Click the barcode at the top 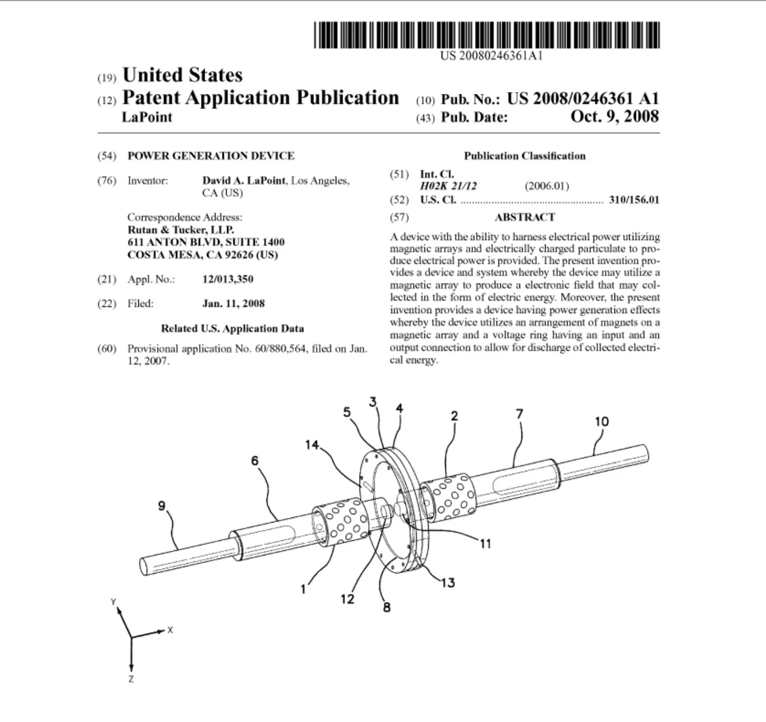(487, 35)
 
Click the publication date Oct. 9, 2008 (615, 116)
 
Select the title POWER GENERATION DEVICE (211, 156)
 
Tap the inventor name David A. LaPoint (244, 181)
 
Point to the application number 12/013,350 (228, 279)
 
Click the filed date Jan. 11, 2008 (233, 303)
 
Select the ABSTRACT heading (524, 217)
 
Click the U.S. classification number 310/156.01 (634, 200)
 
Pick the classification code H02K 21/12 (449, 186)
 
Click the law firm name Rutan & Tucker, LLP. (181, 230)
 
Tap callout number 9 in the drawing (162, 505)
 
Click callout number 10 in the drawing (602, 421)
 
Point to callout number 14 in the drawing (312, 445)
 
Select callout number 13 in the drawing (448, 582)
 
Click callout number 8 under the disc (386, 607)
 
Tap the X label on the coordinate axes (170, 630)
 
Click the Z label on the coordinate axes (131, 679)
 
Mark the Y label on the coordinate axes (113, 602)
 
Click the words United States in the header (182, 75)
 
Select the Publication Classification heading (524, 156)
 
